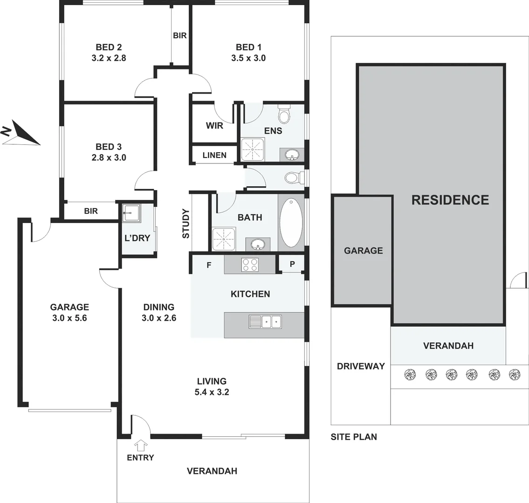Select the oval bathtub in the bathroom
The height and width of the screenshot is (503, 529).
coord(291,223)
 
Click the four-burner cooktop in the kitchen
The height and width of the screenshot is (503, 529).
coord(250,265)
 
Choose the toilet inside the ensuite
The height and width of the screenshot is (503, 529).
coord(284,114)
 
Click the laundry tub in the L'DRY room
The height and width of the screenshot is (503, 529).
coord(129,214)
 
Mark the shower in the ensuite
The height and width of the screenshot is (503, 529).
coord(252,149)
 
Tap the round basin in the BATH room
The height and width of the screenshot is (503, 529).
coord(257,244)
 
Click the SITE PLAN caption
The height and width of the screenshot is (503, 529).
coord(354,437)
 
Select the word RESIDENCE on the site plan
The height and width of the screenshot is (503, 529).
coord(450,200)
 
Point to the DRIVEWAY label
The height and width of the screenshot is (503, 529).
coord(361,366)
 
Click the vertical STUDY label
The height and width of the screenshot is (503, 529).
coord(186,224)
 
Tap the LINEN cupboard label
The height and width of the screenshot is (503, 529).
coord(214,155)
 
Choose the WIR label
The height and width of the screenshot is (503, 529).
coord(214,125)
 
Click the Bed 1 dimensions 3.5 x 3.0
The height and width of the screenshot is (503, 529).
coord(248,58)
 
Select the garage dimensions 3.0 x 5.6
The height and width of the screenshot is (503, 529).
coord(69,319)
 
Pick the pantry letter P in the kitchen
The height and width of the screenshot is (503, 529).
coord(292,264)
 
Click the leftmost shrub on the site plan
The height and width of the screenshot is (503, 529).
coord(410,374)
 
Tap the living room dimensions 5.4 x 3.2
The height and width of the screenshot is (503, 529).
coord(212,392)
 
